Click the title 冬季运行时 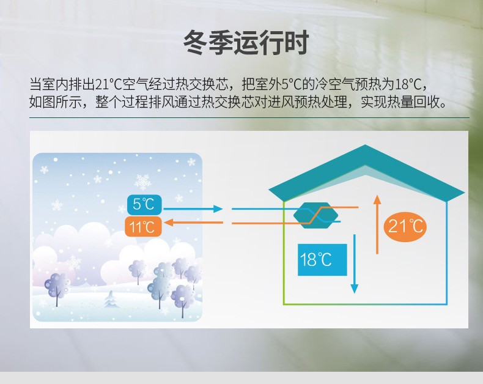[246, 43]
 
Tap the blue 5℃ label [144, 204]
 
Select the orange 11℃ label [143, 227]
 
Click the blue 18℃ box [322, 259]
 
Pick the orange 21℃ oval [405, 226]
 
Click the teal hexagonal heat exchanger [315, 215]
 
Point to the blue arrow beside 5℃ [193, 209]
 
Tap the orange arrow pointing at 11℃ [193, 222]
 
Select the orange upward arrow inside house [377, 224]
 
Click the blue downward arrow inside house [354, 264]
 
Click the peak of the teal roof [366, 145]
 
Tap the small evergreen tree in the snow [111, 299]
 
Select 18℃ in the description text [408, 84]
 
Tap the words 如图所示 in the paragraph [56, 102]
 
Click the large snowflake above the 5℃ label [143, 182]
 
